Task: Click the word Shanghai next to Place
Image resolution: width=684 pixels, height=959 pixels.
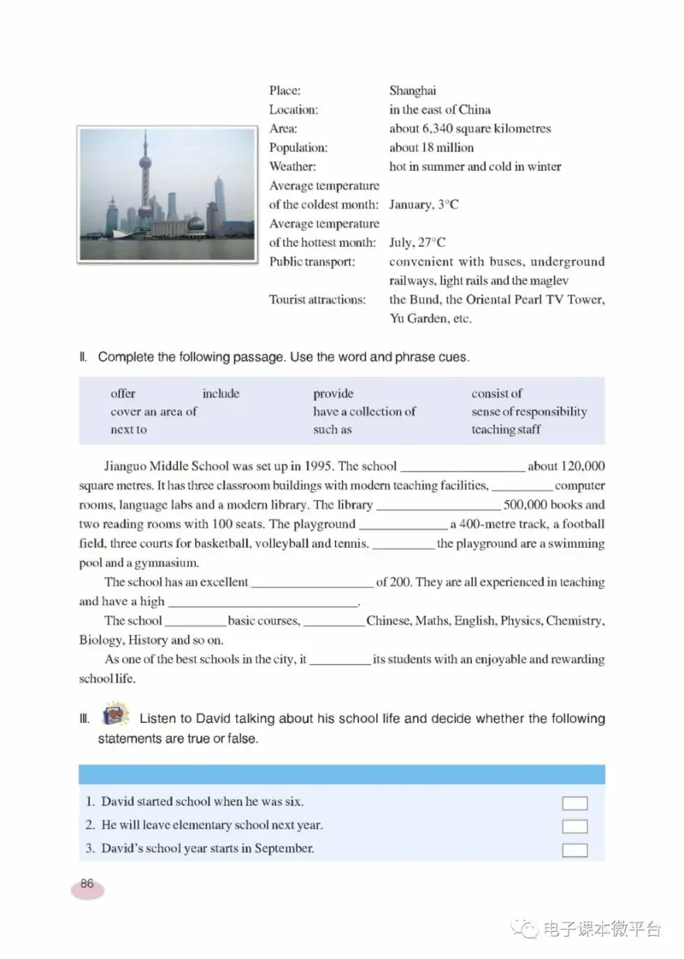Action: pyautogui.click(x=413, y=91)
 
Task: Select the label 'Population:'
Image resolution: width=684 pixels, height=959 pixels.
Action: pyautogui.click(x=298, y=148)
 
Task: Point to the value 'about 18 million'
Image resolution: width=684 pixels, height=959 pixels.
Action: pyautogui.click(x=431, y=148)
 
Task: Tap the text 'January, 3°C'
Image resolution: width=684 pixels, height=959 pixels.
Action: pyautogui.click(x=424, y=205)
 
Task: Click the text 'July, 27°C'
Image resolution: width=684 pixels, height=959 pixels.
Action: pyautogui.click(x=417, y=243)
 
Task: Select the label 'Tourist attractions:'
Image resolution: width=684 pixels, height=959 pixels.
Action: pyautogui.click(x=317, y=300)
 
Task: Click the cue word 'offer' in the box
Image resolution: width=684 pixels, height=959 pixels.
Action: pyautogui.click(x=123, y=394)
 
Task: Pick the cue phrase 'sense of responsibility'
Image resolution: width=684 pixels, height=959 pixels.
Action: pyautogui.click(x=528, y=412)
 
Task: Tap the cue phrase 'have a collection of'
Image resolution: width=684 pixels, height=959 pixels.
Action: pyautogui.click(x=364, y=412)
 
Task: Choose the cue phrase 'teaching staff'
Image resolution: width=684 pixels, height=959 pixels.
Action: pyautogui.click(x=505, y=430)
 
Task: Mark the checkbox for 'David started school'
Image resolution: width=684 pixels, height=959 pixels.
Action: pyautogui.click(x=575, y=803)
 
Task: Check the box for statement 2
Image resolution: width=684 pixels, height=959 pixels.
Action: pyautogui.click(x=575, y=827)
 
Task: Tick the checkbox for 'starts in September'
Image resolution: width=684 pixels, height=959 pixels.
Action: pyautogui.click(x=575, y=850)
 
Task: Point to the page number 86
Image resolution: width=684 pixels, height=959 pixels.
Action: pyautogui.click(x=87, y=885)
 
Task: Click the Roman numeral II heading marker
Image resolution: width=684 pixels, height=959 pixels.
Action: pyautogui.click(x=83, y=357)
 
